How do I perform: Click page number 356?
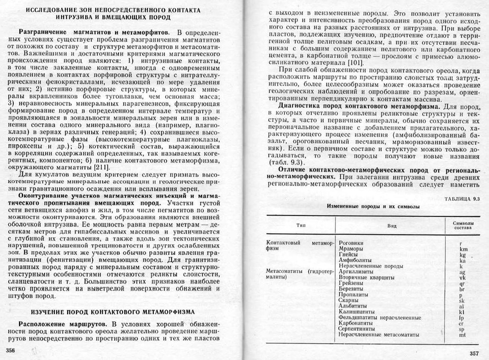pyautogui.click(x=11, y=350)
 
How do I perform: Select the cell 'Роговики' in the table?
pyautogui.click(x=351, y=243)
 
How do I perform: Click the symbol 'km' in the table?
pyautogui.click(x=463, y=249)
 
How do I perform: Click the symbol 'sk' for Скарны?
pyautogui.click(x=462, y=301)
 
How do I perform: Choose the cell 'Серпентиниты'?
pyautogui.click(x=357, y=329)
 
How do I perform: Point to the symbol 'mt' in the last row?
pyautogui.click(x=462, y=335)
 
